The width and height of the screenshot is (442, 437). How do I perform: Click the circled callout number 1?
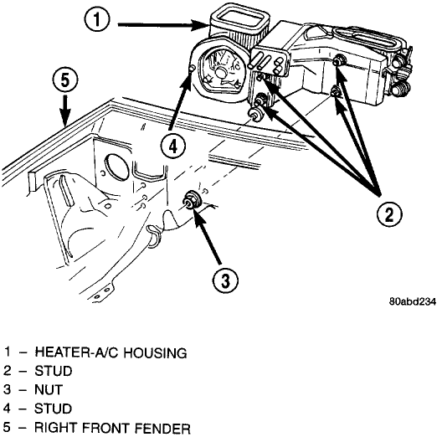coord(97,19)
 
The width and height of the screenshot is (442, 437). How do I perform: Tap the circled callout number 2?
coord(389,214)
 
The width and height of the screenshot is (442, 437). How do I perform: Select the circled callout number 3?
coord(225,280)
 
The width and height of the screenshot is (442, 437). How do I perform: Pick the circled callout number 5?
coord(65,81)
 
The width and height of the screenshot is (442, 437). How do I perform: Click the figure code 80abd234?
coord(413,301)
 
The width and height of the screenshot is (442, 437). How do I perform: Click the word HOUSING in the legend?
coord(156,352)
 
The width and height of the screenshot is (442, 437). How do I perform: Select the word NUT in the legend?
coord(49,390)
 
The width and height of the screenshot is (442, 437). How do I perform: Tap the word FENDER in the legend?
coord(162,429)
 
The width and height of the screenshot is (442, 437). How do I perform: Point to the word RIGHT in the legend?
coord(55,428)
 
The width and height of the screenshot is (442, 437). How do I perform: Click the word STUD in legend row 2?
coord(54,371)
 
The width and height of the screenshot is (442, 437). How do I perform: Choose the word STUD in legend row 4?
coord(54,409)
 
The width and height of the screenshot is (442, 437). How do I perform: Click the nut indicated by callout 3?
coord(192,200)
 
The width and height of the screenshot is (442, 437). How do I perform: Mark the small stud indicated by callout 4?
coord(192,69)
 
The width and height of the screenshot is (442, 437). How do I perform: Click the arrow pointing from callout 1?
coord(162,25)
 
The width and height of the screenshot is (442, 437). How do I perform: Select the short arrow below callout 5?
coord(64,111)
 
